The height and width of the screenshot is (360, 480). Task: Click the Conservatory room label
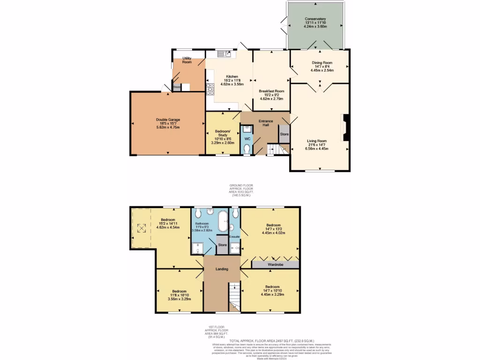click(315, 19)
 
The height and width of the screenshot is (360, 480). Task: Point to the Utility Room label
click(187, 60)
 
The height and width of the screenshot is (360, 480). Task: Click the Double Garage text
click(168, 120)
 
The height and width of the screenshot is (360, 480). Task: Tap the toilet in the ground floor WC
click(247, 149)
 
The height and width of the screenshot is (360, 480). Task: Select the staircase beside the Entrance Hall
click(277, 149)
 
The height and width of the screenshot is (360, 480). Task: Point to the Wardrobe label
click(275, 264)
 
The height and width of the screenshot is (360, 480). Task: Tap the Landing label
click(222, 269)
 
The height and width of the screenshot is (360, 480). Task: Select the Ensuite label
click(234, 236)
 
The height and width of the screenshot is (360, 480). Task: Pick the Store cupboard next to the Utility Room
click(177, 87)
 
